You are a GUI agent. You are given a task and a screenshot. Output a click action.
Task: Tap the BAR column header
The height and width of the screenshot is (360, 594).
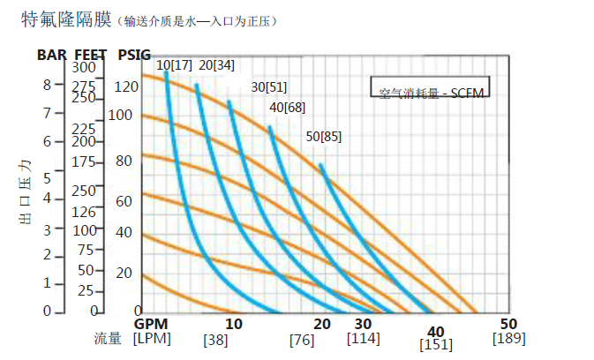52,55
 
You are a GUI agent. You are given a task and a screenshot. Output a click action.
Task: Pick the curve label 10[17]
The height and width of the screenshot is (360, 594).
174,65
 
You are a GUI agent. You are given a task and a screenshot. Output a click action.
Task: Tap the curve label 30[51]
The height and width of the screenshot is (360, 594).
269,86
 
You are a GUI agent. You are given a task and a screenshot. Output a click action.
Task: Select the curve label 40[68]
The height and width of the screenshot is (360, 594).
287,107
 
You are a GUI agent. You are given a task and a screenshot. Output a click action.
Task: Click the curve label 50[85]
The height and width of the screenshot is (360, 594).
323,136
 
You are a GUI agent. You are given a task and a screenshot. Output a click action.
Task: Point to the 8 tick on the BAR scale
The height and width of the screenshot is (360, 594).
47,85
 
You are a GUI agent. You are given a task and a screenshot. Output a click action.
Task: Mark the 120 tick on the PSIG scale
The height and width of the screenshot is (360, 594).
126,86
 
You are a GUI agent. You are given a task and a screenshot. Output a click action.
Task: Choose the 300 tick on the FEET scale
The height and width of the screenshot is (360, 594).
83,67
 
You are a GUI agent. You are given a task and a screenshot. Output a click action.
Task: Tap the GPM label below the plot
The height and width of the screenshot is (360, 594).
151,324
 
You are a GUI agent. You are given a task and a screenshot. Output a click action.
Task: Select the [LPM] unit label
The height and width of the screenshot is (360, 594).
152,338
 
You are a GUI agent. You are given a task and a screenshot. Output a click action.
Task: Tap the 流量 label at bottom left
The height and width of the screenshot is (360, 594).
108,339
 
